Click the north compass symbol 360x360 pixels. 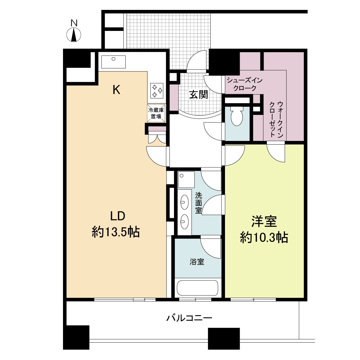(74, 34)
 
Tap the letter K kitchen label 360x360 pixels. (116, 90)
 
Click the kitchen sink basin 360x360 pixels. (113, 62)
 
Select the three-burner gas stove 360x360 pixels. (157, 91)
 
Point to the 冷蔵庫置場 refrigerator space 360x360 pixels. (156, 113)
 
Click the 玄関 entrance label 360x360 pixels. (199, 94)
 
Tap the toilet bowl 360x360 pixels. (237, 116)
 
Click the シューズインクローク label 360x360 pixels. (245, 84)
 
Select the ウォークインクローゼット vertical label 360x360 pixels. (276, 120)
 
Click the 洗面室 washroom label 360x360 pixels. (199, 203)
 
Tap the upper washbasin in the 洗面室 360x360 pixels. (184, 202)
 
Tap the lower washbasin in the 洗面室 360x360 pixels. (184, 222)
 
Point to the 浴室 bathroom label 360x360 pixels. (197, 262)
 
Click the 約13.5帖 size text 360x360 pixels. (116, 232)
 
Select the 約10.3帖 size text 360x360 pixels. (264, 237)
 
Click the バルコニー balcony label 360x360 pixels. (189, 318)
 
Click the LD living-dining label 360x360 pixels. (118, 216)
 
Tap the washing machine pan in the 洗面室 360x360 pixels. (186, 179)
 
